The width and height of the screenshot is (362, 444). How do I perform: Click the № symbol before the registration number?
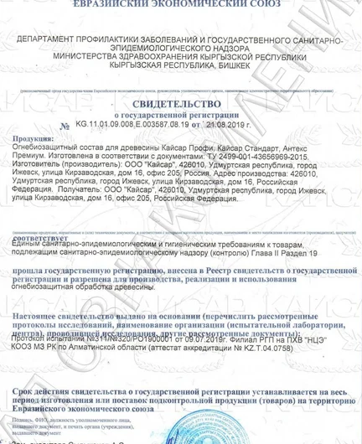(65, 126)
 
